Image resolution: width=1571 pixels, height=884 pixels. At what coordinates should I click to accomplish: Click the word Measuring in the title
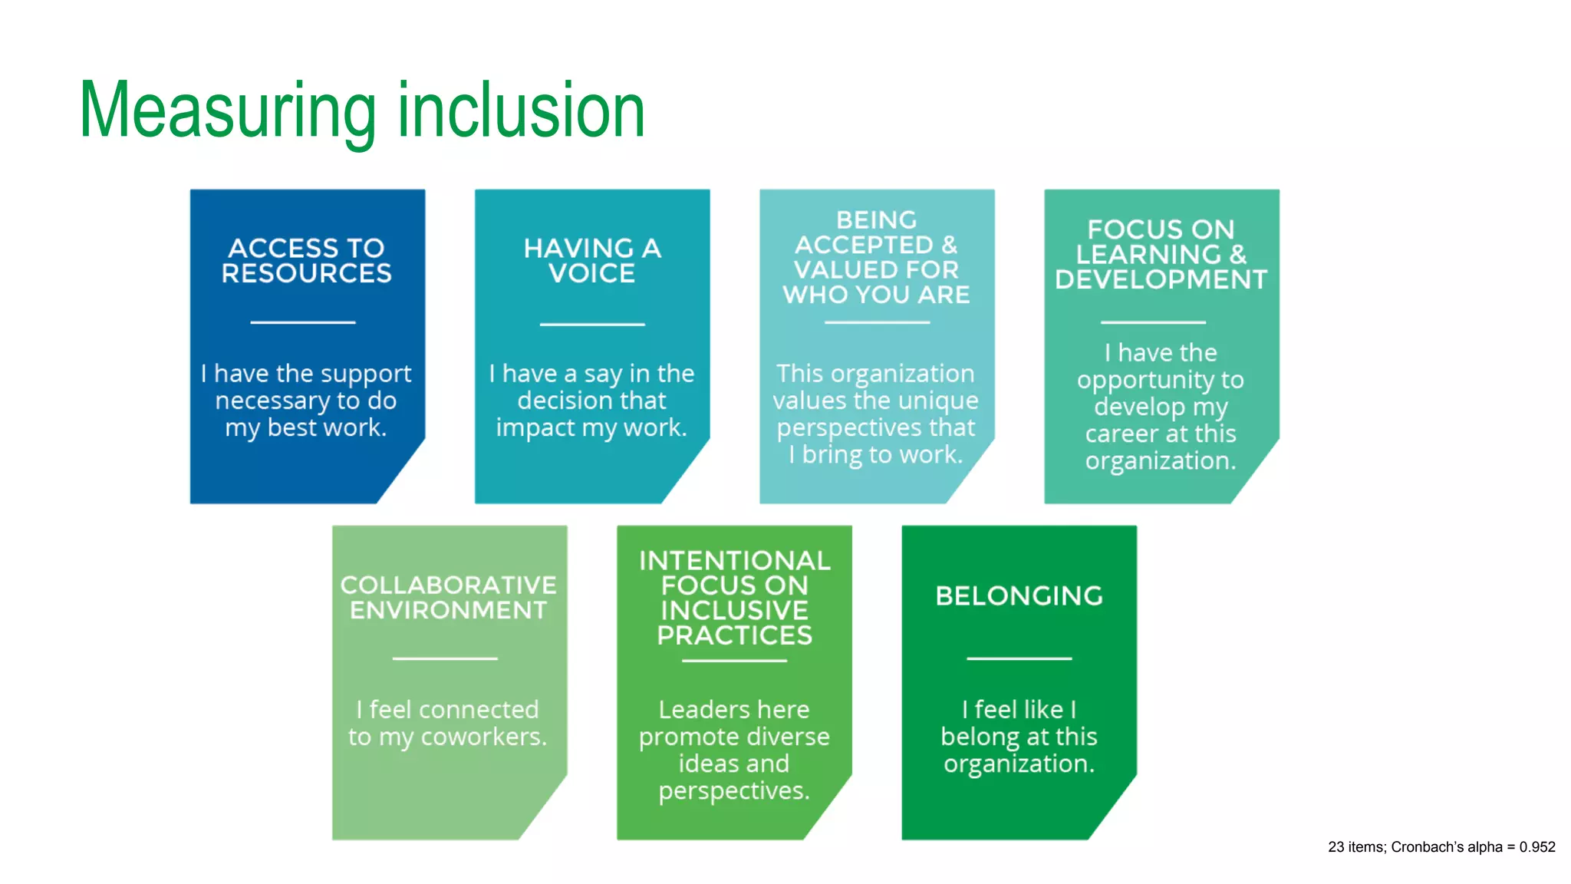click(x=227, y=112)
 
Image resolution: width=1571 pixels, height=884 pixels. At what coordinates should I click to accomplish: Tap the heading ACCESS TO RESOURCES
click(x=307, y=261)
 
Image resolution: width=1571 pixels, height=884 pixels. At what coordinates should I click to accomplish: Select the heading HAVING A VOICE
click(x=591, y=261)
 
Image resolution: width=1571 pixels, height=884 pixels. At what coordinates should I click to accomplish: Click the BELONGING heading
click(x=1019, y=596)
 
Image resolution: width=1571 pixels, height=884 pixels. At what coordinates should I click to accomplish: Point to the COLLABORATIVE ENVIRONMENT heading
click(x=449, y=598)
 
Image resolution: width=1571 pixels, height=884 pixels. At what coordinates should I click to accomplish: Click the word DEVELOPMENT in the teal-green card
click(x=1161, y=280)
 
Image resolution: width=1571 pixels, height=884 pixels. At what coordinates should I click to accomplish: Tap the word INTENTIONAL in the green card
click(x=734, y=561)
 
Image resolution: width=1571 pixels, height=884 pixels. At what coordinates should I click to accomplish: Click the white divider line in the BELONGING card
click(x=1019, y=658)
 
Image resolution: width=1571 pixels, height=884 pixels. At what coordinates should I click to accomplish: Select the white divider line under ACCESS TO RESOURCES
click(x=303, y=322)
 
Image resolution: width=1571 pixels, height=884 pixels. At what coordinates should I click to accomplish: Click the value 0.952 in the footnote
click(x=1536, y=847)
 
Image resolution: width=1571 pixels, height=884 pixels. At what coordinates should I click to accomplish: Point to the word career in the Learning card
click(x=1121, y=434)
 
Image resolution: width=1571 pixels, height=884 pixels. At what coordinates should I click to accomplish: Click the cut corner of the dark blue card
click(x=403, y=476)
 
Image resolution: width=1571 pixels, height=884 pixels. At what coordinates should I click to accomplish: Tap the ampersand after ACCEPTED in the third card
click(x=950, y=246)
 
